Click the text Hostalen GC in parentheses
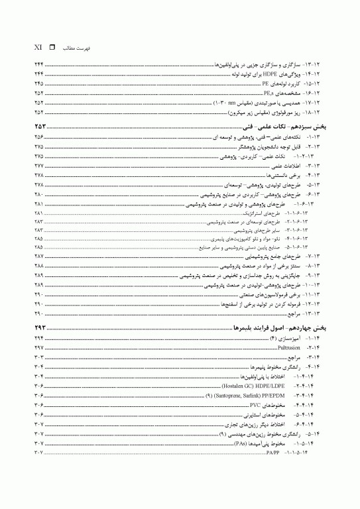pyautogui.click(x=223, y=385)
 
